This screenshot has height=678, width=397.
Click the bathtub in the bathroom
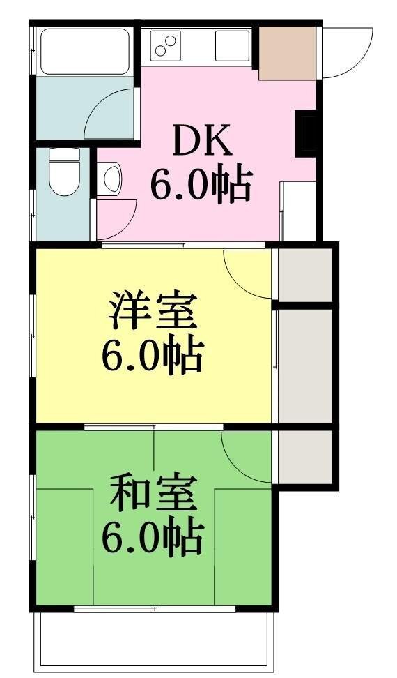[85, 52]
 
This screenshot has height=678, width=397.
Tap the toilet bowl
[65, 172]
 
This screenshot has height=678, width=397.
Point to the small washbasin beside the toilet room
[109, 179]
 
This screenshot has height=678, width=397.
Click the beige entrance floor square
[288, 53]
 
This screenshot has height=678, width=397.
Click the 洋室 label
[153, 311]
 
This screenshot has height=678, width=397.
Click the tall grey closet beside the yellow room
[305, 366]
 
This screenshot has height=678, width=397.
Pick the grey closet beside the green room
[305, 457]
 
